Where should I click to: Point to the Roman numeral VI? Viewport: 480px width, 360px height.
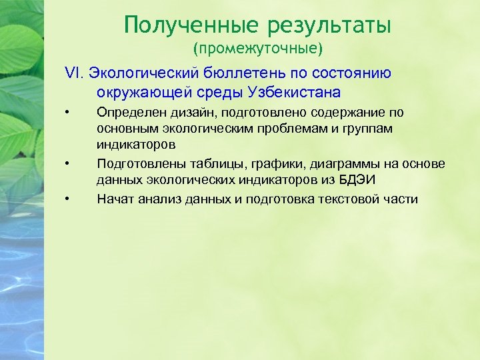72,73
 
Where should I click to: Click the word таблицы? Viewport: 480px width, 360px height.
205,164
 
